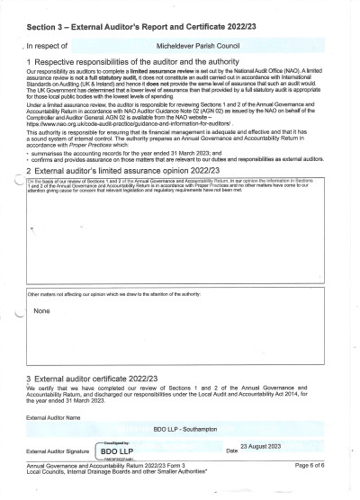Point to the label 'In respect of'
[x=46, y=42]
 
